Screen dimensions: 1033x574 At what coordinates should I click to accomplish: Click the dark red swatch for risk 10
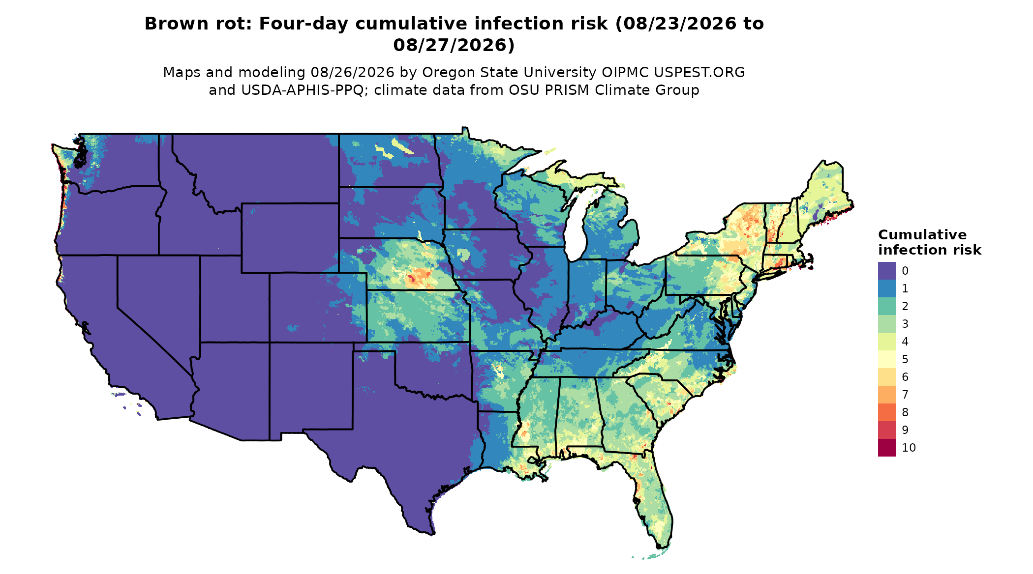[x=886, y=448]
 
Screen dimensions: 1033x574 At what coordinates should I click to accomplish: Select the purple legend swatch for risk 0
[x=886, y=271]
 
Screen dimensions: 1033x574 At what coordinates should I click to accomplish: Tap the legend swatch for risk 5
[x=886, y=359]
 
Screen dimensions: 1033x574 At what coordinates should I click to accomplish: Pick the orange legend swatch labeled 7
[x=886, y=395]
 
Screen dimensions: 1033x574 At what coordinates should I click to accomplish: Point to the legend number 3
[x=905, y=324]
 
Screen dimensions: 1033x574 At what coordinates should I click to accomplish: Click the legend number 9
[x=905, y=430]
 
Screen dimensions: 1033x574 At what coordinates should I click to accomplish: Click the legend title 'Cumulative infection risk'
[x=929, y=242]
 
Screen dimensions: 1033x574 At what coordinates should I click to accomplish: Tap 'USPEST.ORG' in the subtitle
[x=699, y=73]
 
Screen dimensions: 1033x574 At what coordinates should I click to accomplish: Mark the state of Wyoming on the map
[x=290, y=237]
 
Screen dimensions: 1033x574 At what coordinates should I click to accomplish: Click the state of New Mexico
[x=310, y=386]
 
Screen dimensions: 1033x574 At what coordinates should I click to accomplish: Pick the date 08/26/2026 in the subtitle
[x=353, y=73]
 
